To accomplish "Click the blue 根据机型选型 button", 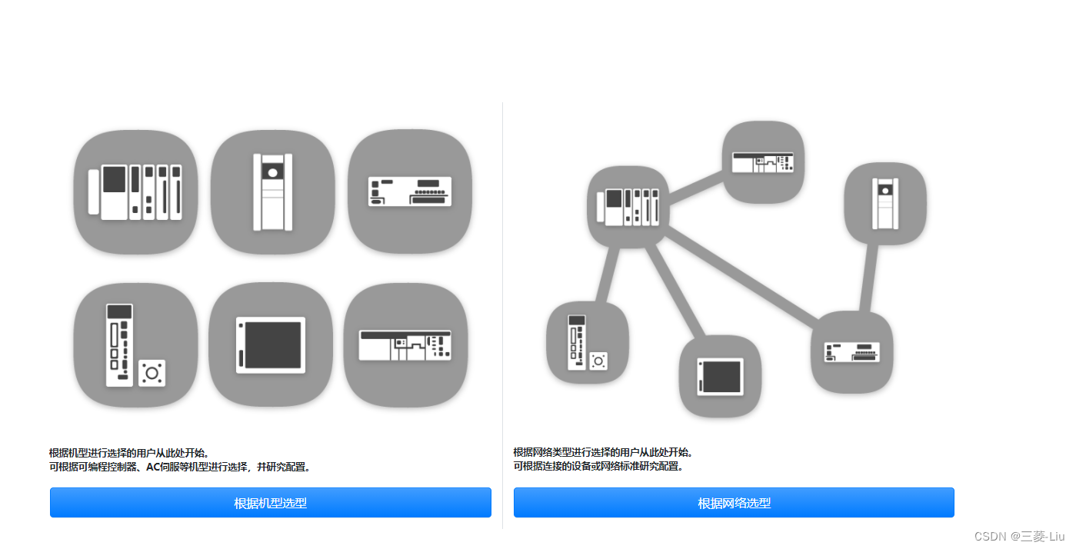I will pyautogui.click(x=270, y=503).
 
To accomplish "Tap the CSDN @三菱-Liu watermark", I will pyautogui.click(x=1019, y=535).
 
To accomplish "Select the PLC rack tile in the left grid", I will pyautogui.click(x=135, y=191).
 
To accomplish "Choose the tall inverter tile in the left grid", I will pyautogui.click(x=272, y=191).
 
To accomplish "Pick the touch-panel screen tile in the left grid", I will pyautogui.click(x=270, y=344).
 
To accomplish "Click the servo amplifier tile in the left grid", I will pyautogui.click(x=135, y=344).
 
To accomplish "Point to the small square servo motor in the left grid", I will pyautogui.click(x=152, y=373).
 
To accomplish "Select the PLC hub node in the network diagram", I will pyautogui.click(x=628, y=207).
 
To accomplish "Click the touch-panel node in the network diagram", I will pyautogui.click(x=720, y=376).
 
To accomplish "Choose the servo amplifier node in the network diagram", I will pyautogui.click(x=587, y=342).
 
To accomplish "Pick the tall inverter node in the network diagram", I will pyautogui.click(x=884, y=203).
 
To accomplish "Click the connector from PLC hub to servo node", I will pyautogui.click(x=606, y=275).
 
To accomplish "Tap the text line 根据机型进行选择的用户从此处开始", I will pyautogui.click(x=129, y=453).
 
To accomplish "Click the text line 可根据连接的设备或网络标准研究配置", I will pyautogui.click(x=598, y=466).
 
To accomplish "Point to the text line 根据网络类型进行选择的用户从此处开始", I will pyautogui.click(x=603, y=452).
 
